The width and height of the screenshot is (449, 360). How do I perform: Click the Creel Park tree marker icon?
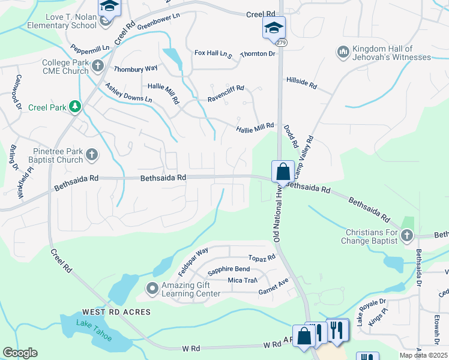(x=75, y=107)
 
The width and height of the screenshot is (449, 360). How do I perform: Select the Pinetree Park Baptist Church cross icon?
(x=91, y=155)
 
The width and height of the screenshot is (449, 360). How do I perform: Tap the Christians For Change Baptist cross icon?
(x=407, y=235)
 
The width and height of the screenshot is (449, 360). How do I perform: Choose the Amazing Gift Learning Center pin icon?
(x=152, y=289)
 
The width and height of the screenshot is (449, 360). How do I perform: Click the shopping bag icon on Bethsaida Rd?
(x=282, y=172)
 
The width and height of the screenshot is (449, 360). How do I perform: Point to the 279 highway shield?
(x=281, y=42)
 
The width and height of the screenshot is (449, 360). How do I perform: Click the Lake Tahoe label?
(x=94, y=330)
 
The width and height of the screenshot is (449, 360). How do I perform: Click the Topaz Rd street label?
(x=262, y=258)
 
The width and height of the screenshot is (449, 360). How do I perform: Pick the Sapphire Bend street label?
(x=229, y=269)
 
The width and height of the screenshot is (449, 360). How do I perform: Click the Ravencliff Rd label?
(x=226, y=92)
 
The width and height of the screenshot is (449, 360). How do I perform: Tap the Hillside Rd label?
(x=301, y=83)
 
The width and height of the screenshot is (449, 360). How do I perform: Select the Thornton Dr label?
(x=257, y=54)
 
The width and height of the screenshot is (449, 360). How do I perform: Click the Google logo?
(x=19, y=353)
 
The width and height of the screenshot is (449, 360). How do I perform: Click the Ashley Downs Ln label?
(x=128, y=94)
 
